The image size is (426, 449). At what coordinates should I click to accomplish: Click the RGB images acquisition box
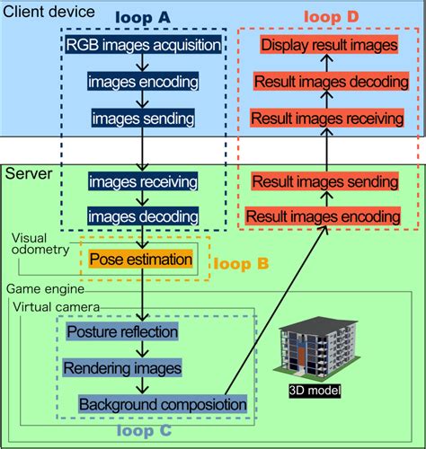pos(143,45)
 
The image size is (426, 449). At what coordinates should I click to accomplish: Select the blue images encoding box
pos(143,81)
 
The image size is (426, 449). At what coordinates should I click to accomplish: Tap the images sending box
pos(143,117)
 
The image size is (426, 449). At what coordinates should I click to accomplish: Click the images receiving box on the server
pos(143,182)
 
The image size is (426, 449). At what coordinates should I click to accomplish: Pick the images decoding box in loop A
pos(143,216)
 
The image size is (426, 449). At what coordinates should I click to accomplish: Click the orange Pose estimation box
pos(141,260)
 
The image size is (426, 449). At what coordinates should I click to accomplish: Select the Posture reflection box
pos(122,332)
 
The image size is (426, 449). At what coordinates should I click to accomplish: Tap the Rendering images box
pos(121,368)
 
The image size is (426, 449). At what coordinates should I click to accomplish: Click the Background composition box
pos(162,405)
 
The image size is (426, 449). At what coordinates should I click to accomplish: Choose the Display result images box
pos(328,46)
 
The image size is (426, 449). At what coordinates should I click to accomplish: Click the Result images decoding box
pos(328,82)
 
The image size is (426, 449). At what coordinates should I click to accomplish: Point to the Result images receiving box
pos(328,118)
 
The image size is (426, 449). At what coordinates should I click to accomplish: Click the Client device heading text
pos(49,13)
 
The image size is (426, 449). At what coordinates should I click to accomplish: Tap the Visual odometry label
pos(40,244)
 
